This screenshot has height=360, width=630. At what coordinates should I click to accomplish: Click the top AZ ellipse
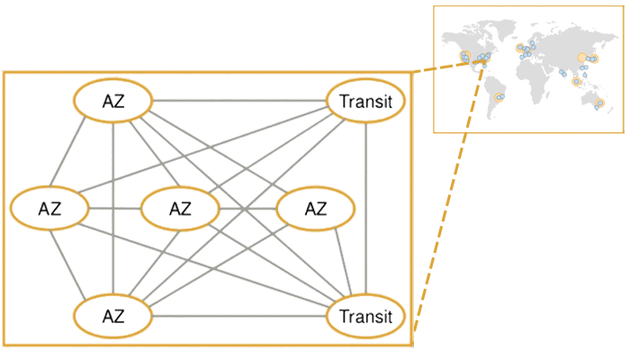pos(112,102)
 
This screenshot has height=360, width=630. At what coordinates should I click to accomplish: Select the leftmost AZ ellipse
pos(49,209)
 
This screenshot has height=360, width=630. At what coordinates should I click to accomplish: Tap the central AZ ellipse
pos(180,209)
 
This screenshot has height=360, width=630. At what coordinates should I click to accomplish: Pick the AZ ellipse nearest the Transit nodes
pos(315,209)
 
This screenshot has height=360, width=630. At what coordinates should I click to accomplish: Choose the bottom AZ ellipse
pos(112,316)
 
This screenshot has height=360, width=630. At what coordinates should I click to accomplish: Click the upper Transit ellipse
pos(365,102)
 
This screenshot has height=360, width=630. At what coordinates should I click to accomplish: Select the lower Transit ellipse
pos(365,316)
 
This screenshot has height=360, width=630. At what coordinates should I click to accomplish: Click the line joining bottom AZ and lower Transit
pos(238,316)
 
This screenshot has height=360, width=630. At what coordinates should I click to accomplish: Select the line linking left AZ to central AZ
pos(114,209)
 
